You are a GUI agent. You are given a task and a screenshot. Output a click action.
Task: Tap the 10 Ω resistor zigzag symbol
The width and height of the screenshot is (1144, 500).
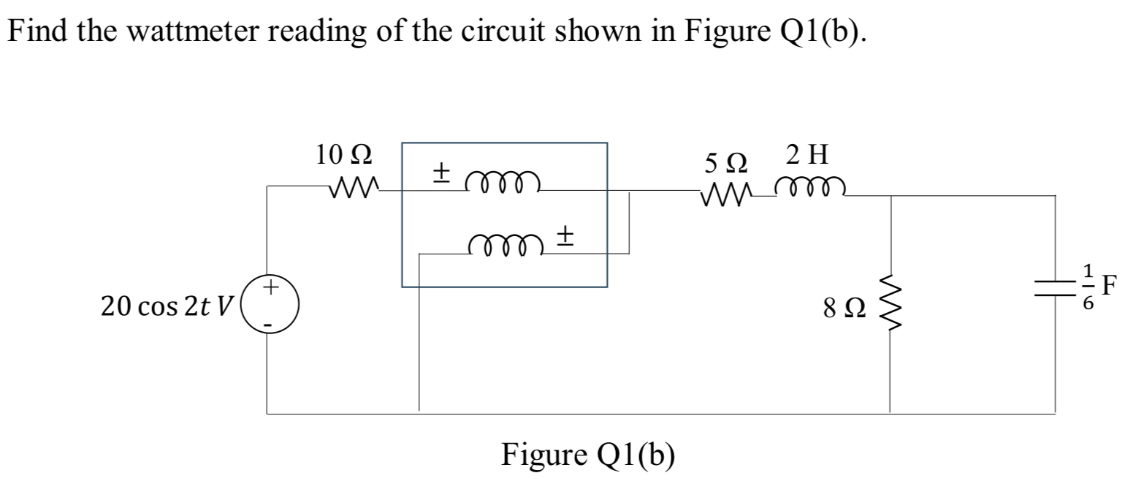point(354,190)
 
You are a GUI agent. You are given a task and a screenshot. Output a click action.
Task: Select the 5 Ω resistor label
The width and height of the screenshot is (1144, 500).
point(726,159)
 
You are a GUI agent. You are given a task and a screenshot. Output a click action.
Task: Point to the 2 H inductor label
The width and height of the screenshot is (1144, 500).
point(807,155)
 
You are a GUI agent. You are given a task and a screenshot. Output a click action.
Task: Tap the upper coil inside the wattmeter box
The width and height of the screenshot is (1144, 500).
point(503,181)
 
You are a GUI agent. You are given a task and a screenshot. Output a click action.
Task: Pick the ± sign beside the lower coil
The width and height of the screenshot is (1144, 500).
point(565,235)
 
